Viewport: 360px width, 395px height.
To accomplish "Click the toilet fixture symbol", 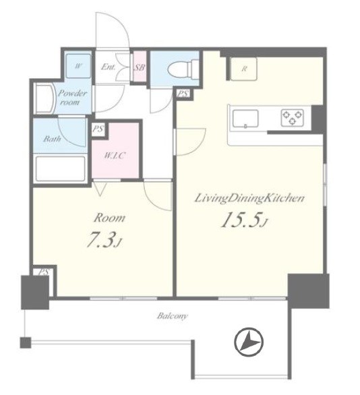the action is tap(183, 69).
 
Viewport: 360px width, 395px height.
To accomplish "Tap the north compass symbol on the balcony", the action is tap(249, 342).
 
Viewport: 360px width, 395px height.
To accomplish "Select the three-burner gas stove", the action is tap(292, 117).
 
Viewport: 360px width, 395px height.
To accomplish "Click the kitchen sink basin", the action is tap(245, 119).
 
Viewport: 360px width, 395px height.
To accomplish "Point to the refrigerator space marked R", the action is tap(243, 69).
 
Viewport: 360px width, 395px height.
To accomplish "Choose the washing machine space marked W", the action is tap(78, 66).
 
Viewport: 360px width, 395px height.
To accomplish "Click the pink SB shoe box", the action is tap(140, 67).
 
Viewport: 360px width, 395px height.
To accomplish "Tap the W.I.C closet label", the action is tap(115, 156).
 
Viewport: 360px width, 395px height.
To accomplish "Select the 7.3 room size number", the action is tap(104, 239).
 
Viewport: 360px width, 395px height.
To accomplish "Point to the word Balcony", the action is tap(173, 316).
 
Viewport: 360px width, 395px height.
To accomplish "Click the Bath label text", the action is tap(52, 139).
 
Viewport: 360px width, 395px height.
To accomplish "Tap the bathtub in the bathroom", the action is tap(61, 169).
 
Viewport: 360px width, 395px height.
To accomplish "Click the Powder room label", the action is tap(72, 98).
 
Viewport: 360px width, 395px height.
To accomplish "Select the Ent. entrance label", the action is tap(109, 67).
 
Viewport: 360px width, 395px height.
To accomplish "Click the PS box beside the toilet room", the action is tap(183, 94).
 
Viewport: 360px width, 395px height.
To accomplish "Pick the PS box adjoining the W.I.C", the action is tap(98, 129).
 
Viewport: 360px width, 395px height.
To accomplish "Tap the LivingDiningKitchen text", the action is tap(249, 198).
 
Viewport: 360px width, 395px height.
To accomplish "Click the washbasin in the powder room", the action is tap(44, 98).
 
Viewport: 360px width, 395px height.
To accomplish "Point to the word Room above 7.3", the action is tap(109, 218).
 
